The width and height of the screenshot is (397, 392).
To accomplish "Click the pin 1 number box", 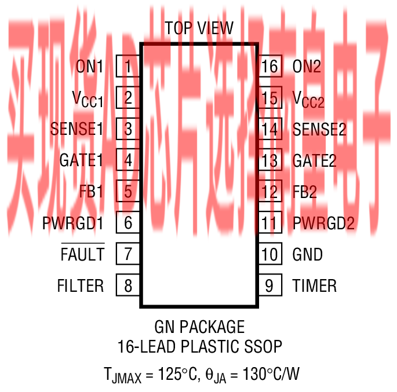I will pyautogui.click(x=128, y=67).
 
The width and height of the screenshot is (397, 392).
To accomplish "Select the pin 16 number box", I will pyautogui.click(x=270, y=67).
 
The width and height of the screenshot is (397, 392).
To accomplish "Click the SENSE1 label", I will pyautogui.click(x=77, y=129).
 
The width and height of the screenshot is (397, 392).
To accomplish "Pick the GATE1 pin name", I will pyautogui.click(x=81, y=160).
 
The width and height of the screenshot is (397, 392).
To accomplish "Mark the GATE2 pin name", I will pyautogui.click(x=315, y=160).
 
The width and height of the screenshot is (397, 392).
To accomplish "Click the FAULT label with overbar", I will pyautogui.click(x=83, y=254).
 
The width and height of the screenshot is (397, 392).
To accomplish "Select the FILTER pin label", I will pyautogui.click(x=81, y=285).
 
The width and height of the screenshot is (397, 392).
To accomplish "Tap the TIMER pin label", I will pyautogui.click(x=315, y=285).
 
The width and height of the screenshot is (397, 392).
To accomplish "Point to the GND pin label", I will pyautogui.click(x=308, y=254).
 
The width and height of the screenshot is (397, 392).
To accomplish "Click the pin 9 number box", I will pyautogui.click(x=270, y=285).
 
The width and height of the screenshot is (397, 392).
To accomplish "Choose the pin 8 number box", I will pyautogui.click(x=128, y=285).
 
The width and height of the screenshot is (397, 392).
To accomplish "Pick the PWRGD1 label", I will pyautogui.click(x=74, y=223).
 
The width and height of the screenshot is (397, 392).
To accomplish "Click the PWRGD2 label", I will pyautogui.click(x=323, y=223).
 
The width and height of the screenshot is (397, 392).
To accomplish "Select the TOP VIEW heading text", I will pyautogui.click(x=199, y=28).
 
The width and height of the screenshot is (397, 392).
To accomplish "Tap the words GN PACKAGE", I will pyautogui.click(x=199, y=327).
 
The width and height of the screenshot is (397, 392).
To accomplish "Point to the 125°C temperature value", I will pyautogui.click(x=171, y=375).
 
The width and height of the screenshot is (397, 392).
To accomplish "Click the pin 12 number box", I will pyautogui.click(x=270, y=192).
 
